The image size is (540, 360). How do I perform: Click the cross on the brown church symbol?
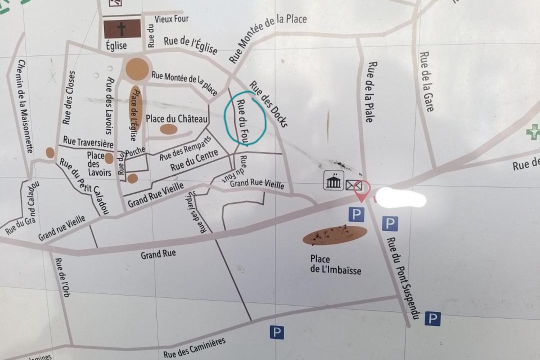tap(122, 28)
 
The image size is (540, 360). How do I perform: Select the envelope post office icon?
tap(352, 185)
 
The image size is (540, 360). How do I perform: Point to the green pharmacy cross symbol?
tap(533, 132)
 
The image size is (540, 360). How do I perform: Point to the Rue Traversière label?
tap(88, 142)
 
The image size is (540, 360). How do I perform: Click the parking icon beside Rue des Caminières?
tap(276, 332)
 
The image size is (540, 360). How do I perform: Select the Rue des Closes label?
tap(69, 97)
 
